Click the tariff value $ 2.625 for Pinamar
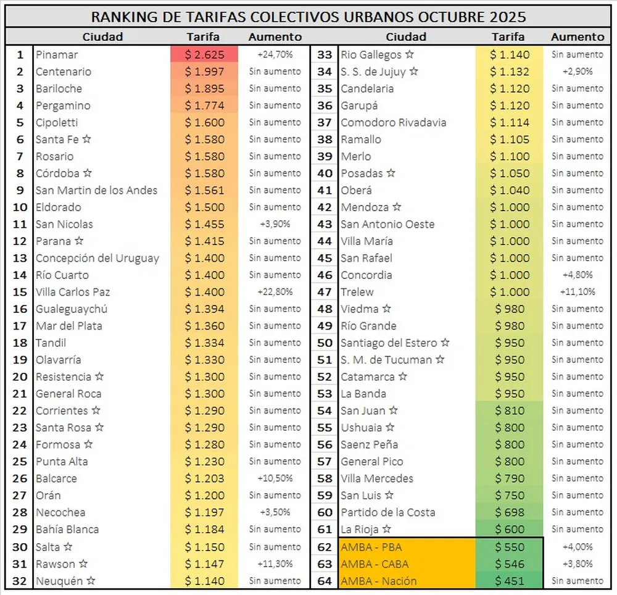point(204,55)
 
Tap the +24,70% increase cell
point(275,55)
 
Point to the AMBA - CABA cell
point(375,564)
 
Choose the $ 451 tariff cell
point(510,581)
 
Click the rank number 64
point(325,581)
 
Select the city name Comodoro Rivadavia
point(393,123)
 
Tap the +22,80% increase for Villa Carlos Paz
point(275,292)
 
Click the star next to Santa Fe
point(87,139)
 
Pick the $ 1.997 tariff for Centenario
point(204,72)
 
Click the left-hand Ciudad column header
point(102,37)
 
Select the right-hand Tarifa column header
point(509,37)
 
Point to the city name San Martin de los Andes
point(96,190)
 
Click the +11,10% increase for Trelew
point(577,292)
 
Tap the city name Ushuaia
point(361,428)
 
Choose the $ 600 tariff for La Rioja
point(510,530)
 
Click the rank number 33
point(325,55)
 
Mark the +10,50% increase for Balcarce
point(275,478)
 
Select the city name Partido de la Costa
point(387,512)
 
